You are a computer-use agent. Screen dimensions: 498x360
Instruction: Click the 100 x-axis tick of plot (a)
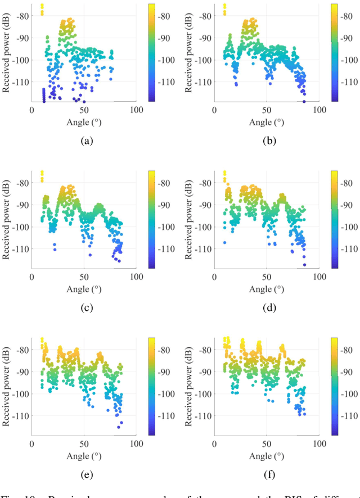point(135,110)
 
